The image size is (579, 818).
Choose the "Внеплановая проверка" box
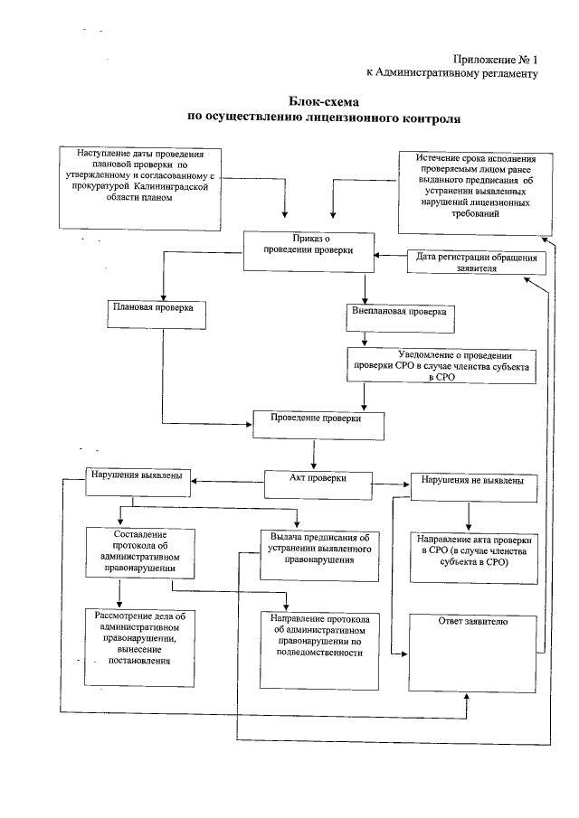[x=399, y=315]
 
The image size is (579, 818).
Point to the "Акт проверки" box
[x=317, y=482]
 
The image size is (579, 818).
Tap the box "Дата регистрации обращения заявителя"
[x=476, y=263]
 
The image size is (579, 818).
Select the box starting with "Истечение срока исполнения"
[x=470, y=191]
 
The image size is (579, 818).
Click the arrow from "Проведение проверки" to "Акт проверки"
[x=313, y=455]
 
